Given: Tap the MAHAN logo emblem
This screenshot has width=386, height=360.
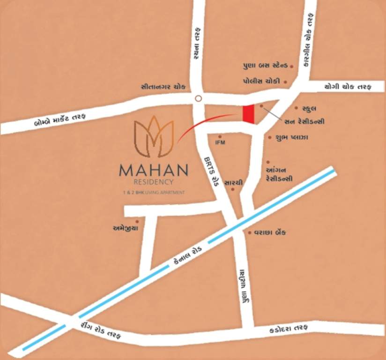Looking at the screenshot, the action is (x=154, y=137).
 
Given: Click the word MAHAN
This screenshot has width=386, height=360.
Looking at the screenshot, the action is (x=154, y=170).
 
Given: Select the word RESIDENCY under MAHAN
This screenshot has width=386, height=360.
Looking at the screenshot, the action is (x=154, y=182).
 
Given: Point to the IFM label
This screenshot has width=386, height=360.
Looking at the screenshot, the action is (x=220, y=142).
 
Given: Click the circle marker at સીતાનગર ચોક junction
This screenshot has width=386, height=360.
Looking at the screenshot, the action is (x=198, y=98).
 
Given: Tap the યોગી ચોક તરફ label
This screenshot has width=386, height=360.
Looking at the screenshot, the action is (x=347, y=87).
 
